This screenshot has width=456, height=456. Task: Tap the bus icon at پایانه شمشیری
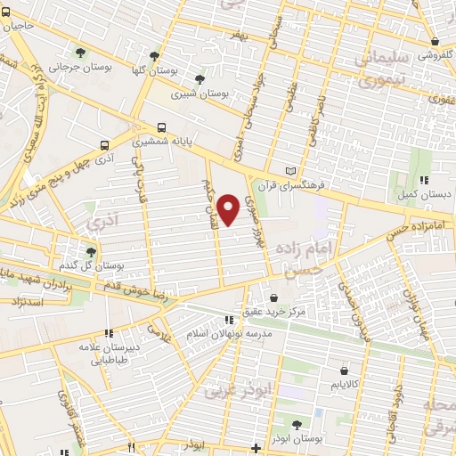161,127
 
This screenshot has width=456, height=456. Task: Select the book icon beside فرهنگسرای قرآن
289,171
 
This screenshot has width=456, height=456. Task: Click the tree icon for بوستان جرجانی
82,53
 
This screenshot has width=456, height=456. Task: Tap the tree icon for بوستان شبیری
210,78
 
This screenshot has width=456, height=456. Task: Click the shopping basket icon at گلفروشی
434,42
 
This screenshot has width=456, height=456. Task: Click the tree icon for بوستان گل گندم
90,251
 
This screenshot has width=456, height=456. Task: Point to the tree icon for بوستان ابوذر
296,424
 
